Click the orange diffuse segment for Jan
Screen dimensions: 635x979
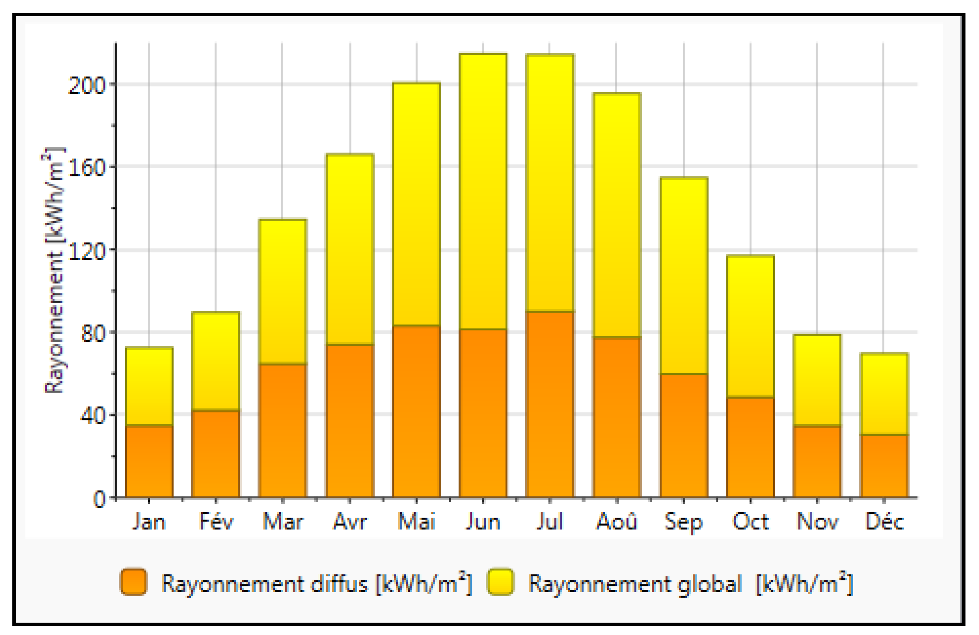coord(149,461)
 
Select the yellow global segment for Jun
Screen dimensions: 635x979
coord(483,191)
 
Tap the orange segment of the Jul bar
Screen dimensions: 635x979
coord(550,404)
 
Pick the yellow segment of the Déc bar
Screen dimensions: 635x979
coord(884,394)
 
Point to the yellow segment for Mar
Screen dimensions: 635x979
coord(282,291)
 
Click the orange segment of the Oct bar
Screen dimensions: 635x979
coord(750,447)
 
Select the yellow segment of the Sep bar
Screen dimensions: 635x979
coord(684,276)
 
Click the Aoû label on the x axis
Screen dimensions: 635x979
coord(617,522)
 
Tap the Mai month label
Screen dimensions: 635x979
coord(417,522)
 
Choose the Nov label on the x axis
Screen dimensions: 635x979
coord(817,522)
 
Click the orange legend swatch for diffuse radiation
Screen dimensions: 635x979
coord(133,581)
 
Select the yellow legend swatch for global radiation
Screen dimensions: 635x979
coord(501,581)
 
